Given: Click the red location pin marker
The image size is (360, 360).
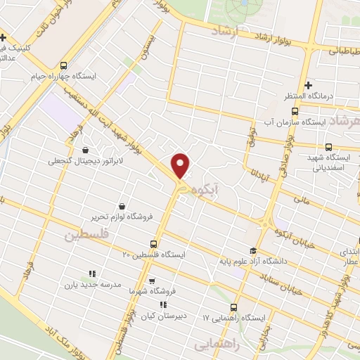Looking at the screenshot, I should point(181,165).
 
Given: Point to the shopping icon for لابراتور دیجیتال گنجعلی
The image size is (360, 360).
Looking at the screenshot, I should point(86,149).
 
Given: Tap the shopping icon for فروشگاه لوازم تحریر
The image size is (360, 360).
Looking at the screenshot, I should point(123,206).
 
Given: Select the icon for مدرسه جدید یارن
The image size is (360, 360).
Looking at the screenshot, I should point(91,274).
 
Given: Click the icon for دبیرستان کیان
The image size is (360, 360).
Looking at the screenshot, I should point(164,305).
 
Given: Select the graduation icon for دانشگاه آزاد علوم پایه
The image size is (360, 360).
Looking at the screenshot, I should point(252,251).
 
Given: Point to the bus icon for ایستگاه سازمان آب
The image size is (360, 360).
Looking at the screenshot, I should point(295,110).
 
